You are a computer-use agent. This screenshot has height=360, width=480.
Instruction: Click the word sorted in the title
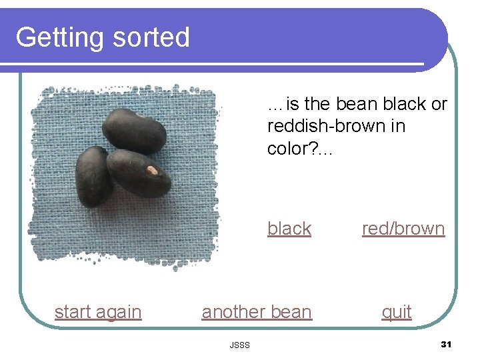pyautogui.click(x=151, y=37)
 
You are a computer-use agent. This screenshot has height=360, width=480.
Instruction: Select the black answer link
pyautogui.click(x=289, y=229)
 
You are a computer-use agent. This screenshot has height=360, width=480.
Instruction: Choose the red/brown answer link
pyautogui.click(x=403, y=229)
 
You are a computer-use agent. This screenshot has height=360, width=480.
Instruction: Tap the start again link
pyautogui.click(x=98, y=312)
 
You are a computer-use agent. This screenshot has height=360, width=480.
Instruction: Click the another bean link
pyautogui.click(x=257, y=312)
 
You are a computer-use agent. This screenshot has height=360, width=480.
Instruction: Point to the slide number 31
pyautogui.click(x=446, y=344)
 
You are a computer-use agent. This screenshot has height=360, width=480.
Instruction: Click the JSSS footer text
pyautogui.click(x=239, y=345)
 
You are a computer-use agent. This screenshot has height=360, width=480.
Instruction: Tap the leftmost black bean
pyautogui.click(x=93, y=176)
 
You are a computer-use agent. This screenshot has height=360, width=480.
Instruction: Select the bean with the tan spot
pyautogui.click(x=139, y=173)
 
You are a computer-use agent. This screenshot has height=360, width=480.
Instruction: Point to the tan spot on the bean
pyautogui.click(x=153, y=171)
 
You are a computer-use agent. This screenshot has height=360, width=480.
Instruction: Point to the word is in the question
pyautogui.click(x=293, y=104)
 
